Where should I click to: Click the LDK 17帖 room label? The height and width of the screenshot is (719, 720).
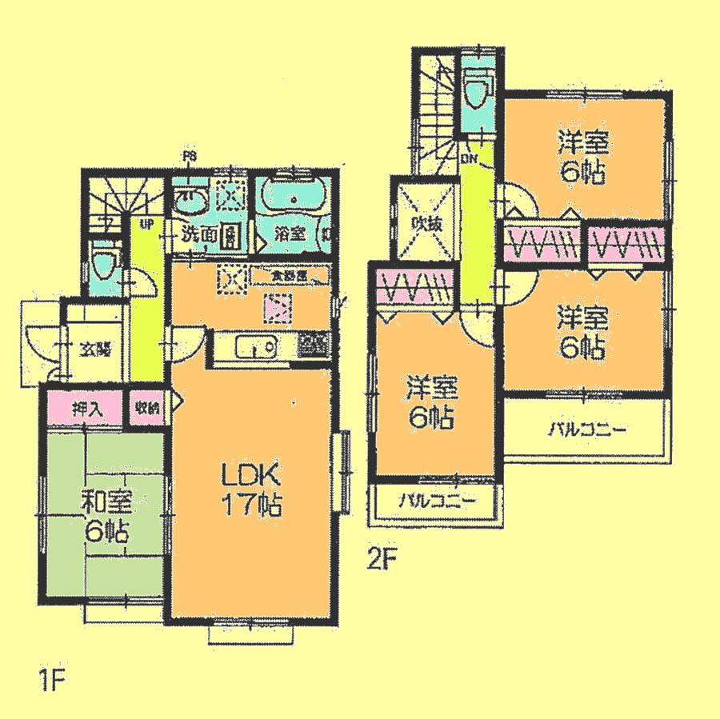[250, 490]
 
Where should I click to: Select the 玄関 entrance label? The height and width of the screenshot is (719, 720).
[94, 348]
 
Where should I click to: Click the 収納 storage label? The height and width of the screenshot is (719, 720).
[147, 408]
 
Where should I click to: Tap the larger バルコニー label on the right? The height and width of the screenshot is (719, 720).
[587, 430]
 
